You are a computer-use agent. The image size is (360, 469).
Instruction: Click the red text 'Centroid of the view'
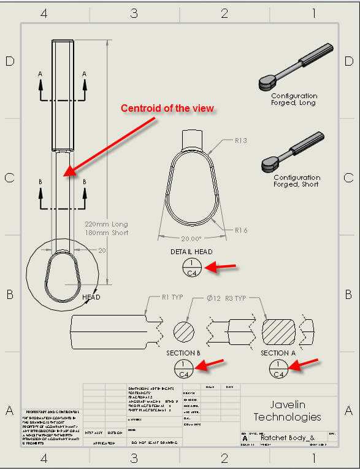167,109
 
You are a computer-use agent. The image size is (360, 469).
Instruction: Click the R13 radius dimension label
241,141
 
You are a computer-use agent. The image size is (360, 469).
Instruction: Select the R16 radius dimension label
241,230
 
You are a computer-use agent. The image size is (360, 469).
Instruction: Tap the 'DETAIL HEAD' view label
192,252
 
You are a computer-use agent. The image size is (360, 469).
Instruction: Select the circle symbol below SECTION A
278,368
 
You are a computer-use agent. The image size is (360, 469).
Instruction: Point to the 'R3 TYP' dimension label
235,298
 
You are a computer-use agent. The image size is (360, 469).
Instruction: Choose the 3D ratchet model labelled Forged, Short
293,151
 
